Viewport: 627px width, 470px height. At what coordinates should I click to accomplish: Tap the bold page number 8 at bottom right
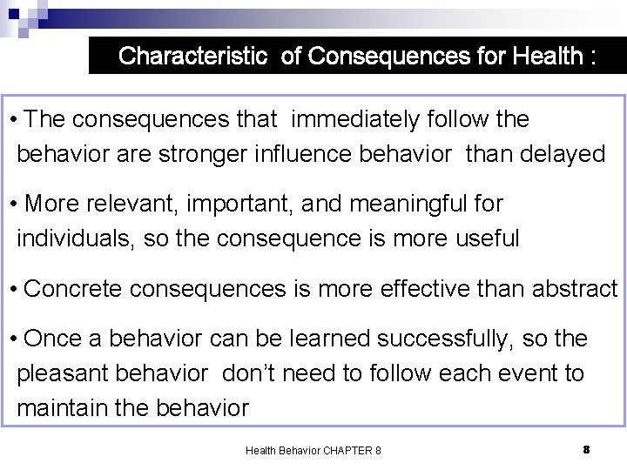point(586,449)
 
